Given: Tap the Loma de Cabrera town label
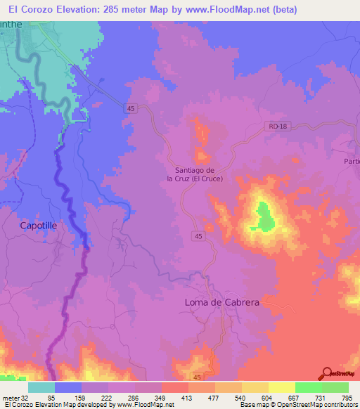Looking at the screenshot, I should point(221,301).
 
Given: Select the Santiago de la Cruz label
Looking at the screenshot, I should point(195,174).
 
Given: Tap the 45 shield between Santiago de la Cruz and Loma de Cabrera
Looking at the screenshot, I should point(199,237).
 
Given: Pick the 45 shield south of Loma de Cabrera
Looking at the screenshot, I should point(195,377).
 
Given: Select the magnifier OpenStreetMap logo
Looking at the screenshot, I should point(327,373).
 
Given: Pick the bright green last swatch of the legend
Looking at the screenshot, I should point(335,387).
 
